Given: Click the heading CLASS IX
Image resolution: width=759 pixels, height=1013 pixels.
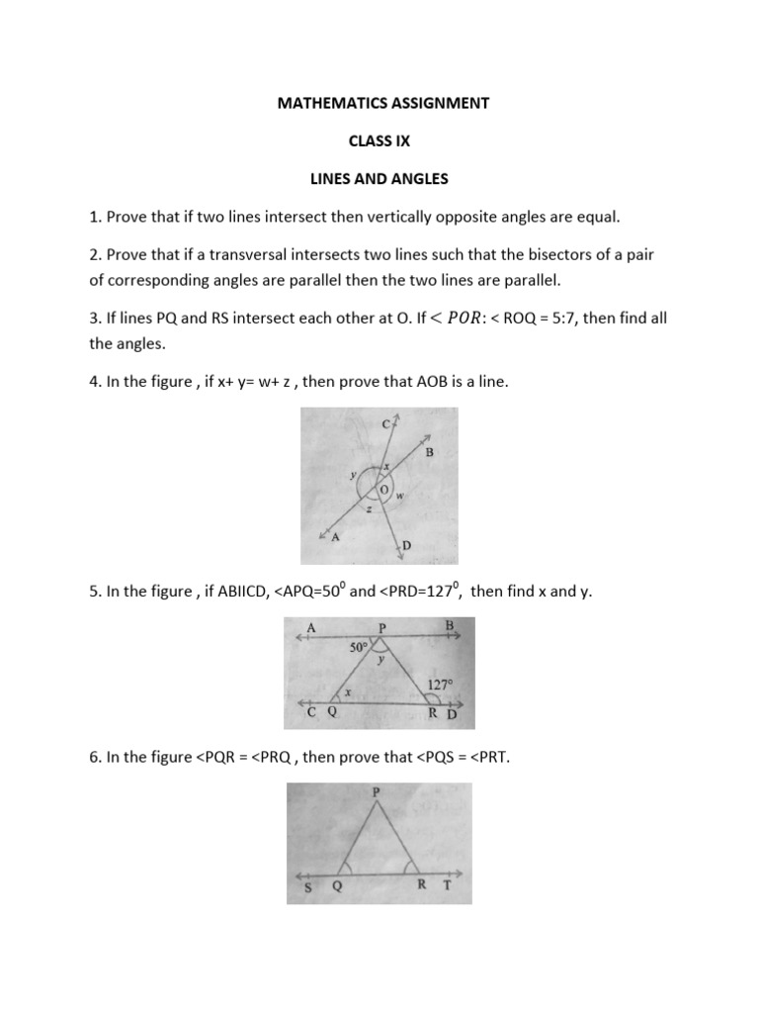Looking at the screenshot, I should (380, 140).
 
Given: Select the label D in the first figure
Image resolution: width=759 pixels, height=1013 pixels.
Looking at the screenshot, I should (405, 545).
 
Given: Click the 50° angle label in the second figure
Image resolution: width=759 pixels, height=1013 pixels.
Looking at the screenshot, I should (359, 648).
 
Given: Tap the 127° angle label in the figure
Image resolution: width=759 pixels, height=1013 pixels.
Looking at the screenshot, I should (441, 684).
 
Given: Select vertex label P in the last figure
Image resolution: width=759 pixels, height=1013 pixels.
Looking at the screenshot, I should (376, 792).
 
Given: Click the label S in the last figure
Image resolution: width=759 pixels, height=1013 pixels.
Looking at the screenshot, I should (306, 887).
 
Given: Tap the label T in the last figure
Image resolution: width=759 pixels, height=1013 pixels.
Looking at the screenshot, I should (447, 885).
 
